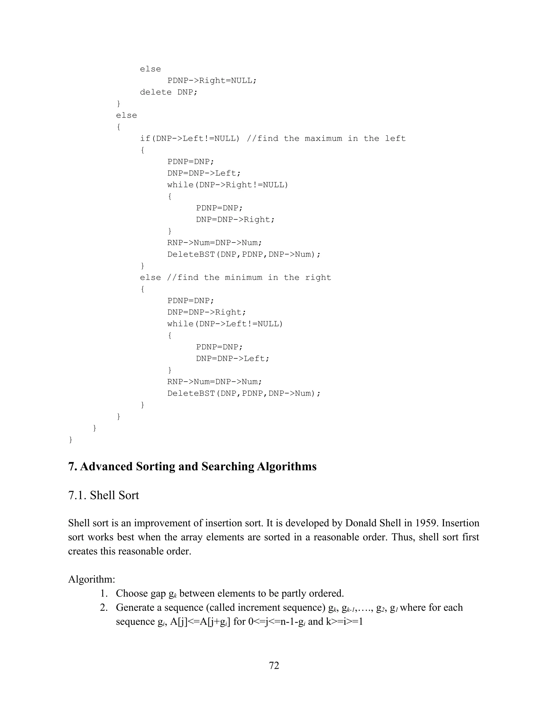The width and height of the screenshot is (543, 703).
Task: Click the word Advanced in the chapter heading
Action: click(106, 466)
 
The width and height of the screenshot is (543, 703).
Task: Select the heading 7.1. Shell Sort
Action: click(104, 495)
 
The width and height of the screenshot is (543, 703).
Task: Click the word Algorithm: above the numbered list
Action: click(92, 579)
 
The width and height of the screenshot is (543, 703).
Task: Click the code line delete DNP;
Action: click(169, 92)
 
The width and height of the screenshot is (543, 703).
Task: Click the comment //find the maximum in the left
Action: click(326, 139)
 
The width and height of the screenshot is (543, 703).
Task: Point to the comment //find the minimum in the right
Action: click(249, 277)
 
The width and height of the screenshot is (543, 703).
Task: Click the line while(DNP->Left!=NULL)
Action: click(225, 324)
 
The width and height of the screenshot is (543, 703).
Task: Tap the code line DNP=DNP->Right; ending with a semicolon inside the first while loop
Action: click(235, 220)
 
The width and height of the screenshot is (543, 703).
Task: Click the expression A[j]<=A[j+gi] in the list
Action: click(200, 622)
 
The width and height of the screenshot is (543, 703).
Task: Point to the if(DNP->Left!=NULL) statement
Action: click(190, 139)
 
